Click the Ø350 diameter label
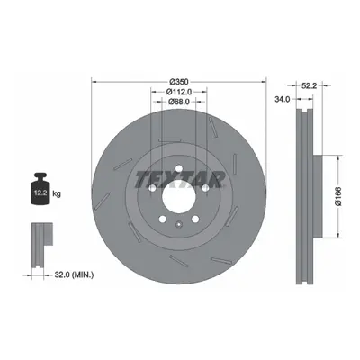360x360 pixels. (178, 81)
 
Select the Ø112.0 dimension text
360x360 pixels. (179, 92)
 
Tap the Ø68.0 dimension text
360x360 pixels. (179, 102)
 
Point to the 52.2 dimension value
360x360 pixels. (309, 85)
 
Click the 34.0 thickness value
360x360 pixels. (283, 99)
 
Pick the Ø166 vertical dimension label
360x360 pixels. (338, 196)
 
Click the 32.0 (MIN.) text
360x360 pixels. (74, 274)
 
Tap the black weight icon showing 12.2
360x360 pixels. (40, 189)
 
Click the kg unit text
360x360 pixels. (57, 193)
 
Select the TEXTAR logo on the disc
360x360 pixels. (180, 180)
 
